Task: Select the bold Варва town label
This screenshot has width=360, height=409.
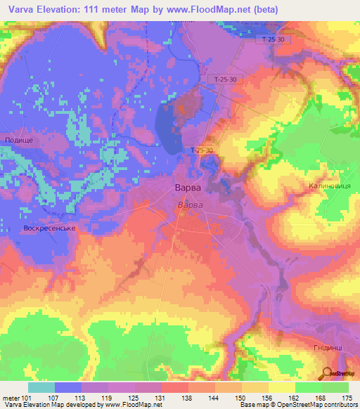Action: pyautogui.click(x=188, y=188)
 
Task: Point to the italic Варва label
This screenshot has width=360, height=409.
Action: pyautogui.click(x=188, y=204)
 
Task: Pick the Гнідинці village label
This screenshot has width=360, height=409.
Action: pyautogui.click(x=328, y=347)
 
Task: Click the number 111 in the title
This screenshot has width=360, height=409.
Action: pyautogui.click(x=98, y=9)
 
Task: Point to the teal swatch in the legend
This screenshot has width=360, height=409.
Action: pyautogui.click(x=41, y=388)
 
